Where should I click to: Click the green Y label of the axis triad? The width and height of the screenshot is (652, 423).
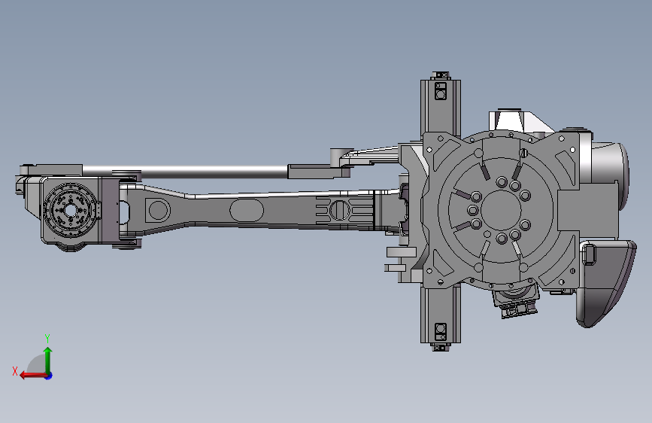tap(47, 339)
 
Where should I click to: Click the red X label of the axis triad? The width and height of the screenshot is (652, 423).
tap(15, 371)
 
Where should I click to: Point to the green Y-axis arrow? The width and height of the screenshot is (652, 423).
tap(48, 361)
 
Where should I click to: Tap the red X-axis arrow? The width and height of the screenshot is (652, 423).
tap(33, 376)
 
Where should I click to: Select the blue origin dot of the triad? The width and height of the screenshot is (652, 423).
tap(49, 376)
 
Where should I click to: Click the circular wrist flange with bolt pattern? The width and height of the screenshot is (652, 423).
tap(70, 210)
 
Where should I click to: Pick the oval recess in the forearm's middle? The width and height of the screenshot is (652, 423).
tap(247, 210)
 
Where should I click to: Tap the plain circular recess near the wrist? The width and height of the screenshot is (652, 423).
tap(159, 209)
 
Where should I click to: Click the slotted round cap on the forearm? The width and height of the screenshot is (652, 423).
tap(339, 209)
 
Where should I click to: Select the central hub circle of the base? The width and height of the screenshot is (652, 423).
tap(502, 210)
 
